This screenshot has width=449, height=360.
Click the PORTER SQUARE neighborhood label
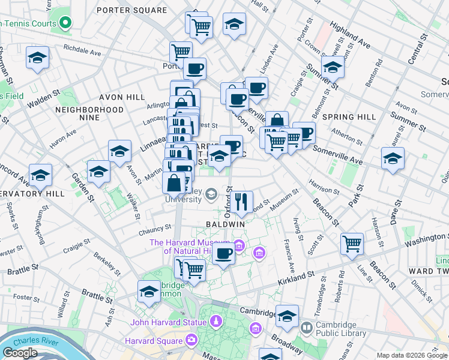click(131, 10)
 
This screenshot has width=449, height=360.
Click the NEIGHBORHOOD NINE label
click(89, 114)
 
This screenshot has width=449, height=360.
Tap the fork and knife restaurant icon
click(242, 201)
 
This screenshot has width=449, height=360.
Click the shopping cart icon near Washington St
click(352, 244)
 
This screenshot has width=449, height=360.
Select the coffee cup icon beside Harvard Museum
click(224, 254)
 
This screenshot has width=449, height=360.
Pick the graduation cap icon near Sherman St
click(38, 58)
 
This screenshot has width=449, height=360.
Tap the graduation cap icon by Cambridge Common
click(149, 292)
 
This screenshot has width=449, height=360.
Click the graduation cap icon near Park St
click(393, 158)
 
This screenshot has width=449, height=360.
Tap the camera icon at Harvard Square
click(191, 341)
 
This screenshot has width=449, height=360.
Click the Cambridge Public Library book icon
click(307, 328)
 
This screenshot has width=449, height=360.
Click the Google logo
click(20, 353)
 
